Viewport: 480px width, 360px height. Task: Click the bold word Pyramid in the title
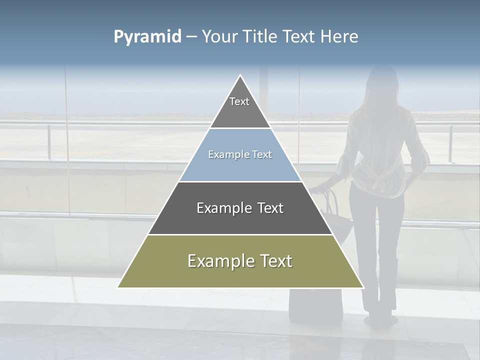click(x=147, y=37)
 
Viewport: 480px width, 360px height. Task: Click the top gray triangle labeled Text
click(x=240, y=107)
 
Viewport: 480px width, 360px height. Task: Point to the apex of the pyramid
click(x=240, y=76)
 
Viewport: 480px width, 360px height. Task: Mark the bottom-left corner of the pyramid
click(x=118, y=287)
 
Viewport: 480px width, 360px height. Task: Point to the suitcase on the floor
click(x=315, y=305)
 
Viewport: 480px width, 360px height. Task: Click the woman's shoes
click(x=378, y=320)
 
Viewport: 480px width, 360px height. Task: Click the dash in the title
click(x=191, y=37)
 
